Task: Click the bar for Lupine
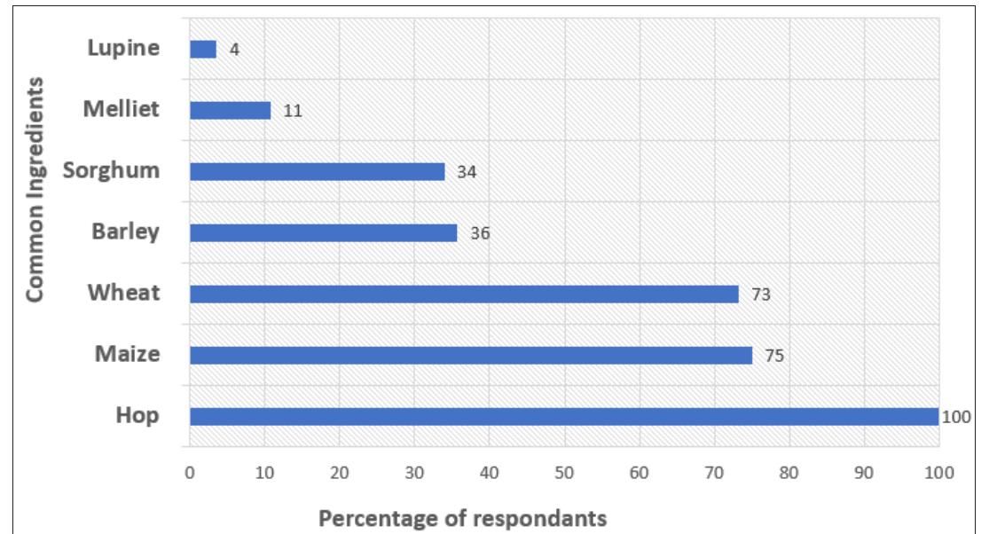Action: (203, 49)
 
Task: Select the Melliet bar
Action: (231, 110)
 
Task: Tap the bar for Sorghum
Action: (318, 171)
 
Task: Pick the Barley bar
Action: (324, 232)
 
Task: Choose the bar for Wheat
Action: (464, 294)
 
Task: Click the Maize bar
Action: (471, 356)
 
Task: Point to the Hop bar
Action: (564, 417)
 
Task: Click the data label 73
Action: (761, 294)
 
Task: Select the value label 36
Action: (480, 233)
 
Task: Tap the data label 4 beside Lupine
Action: (234, 50)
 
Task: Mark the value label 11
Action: (293, 111)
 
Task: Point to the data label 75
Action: (774, 356)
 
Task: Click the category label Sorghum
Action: (111, 171)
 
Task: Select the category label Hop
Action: (137, 416)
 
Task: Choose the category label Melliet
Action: (122, 109)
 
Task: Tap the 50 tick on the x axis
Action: (564, 473)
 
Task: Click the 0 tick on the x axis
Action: (190, 473)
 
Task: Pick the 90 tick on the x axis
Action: (864, 473)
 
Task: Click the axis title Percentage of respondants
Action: (462, 518)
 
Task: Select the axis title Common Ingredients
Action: (35, 189)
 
